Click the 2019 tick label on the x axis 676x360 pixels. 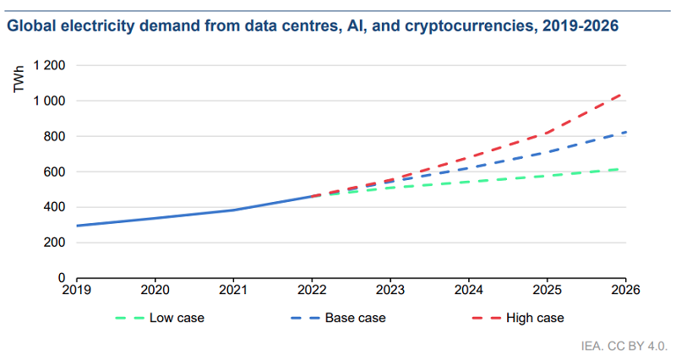(x=77, y=290)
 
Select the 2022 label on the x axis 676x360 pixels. (x=312, y=290)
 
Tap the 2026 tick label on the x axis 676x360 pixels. (x=625, y=290)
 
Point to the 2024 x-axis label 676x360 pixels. (x=469, y=290)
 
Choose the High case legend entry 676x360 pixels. (x=534, y=319)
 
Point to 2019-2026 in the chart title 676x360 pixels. (x=580, y=26)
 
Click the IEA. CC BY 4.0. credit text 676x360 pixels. (x=624, y=346)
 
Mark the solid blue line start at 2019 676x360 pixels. (x=77, y=226)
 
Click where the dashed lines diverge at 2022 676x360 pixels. (x=312, y=196)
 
